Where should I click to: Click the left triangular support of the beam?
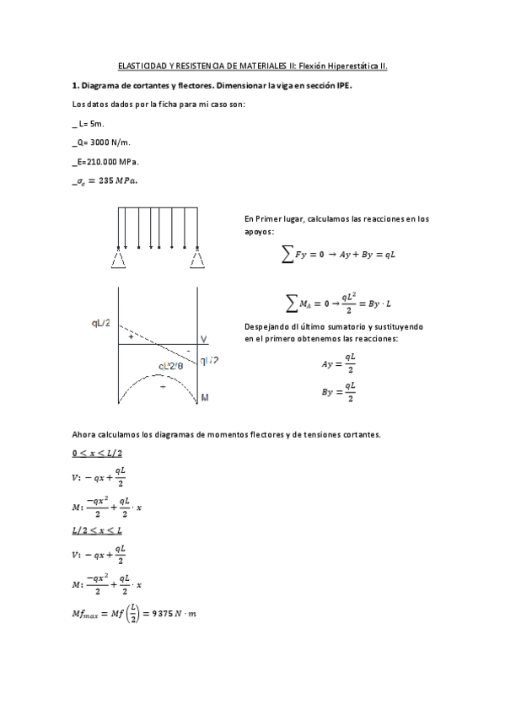click(x=117, y=259)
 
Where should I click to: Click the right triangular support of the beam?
click(x=196, y=259)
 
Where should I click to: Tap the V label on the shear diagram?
click(x=204, y=339)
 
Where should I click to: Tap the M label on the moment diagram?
click(x=204, y=396)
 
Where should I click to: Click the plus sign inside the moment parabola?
click(x=162, y=386)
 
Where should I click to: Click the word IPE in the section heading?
click(x=341, y=86)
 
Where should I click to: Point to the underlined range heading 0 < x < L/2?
click(x=97, y=454)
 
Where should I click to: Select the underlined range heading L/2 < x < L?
click(x=97, y=530)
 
